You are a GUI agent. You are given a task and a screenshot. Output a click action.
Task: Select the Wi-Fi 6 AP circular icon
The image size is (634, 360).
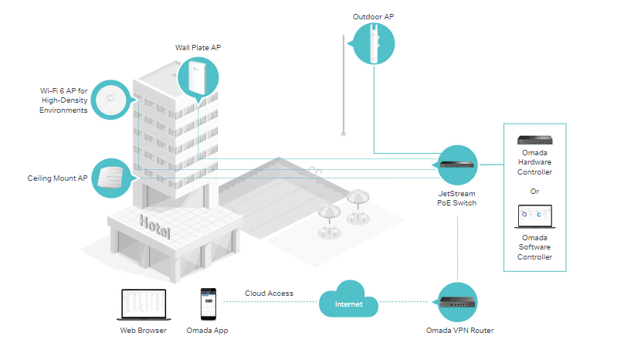click(112, 99)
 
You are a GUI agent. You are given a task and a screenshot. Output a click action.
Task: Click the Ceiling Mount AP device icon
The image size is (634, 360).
click(112, 178)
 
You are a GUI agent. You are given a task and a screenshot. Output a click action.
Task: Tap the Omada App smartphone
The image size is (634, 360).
click(207, 304)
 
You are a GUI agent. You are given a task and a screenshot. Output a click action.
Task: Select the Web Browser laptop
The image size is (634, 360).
click(144, 305)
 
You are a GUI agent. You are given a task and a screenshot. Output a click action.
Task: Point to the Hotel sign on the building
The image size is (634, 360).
click(155, 227)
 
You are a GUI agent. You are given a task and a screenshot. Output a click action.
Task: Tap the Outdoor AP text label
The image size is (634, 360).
click(374, 16)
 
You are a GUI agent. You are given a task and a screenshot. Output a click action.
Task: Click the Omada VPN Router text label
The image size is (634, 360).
click(459, 331)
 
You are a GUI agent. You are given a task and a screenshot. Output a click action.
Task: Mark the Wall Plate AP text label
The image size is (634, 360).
click(198, 49)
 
